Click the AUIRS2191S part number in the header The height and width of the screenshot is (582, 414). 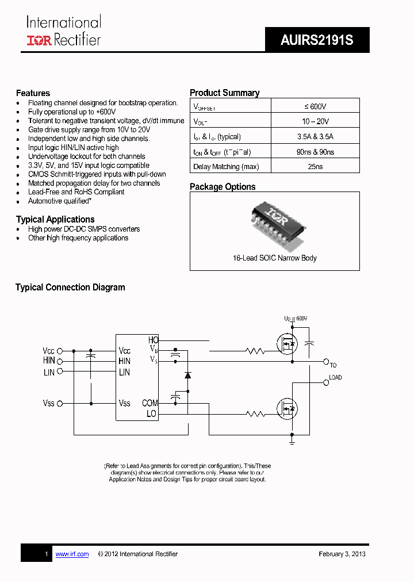click(x=317, y=40)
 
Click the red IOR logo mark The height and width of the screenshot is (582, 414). click(x=39, y=40)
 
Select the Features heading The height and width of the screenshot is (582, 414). click(x=33, y=93)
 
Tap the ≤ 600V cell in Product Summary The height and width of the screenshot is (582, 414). click(x=315, y=106)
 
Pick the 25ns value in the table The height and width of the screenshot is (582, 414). click(x=315, y=166)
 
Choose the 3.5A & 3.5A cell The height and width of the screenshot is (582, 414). click(x=315, y=136)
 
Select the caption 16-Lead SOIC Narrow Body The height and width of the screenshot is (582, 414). click(x=274, y=258)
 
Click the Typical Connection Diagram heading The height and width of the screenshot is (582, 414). click(x=70, y=288)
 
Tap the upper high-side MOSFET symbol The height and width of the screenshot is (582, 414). click(x=287, y=345)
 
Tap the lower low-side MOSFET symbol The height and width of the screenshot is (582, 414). click(x=287, y=409)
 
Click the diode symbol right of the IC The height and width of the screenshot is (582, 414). click(x=187, y=375)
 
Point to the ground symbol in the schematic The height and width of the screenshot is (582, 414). click(x=292, y=442)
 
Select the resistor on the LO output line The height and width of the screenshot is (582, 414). click(x=254, y=413)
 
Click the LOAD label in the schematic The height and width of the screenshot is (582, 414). click(x=335, y=378)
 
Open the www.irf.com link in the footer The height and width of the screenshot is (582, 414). click(x=72, y=554)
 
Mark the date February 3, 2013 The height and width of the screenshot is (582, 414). click(x=342, y=554)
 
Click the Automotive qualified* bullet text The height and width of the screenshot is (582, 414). click(x=60, y=201)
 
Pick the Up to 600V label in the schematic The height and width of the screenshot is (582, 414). click(x=296, y=319)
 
